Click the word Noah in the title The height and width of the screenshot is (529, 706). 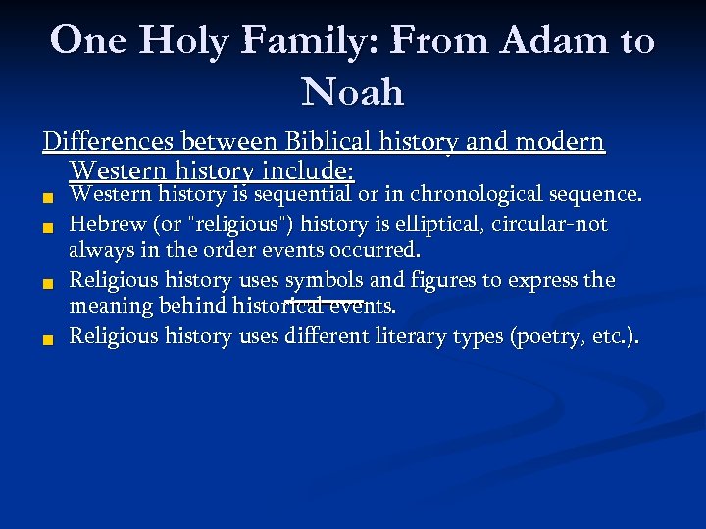click(353, 92)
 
